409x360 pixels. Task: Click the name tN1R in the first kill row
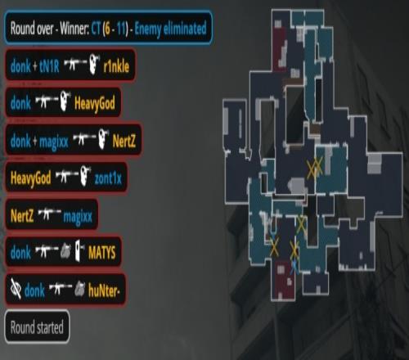(49, 66)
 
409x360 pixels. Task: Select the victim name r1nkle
(116, 66)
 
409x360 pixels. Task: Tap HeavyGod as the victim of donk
(95, 104)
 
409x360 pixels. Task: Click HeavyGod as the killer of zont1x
(30, 178)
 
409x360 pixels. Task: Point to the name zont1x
(108, 178)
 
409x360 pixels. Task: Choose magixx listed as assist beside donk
(54, 142)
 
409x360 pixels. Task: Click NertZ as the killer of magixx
(22, 215)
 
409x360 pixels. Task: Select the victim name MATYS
(101, 253)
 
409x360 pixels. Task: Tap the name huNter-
(104, 290)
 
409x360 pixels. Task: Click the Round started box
(37, 326)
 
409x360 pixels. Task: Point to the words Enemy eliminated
(170, 29)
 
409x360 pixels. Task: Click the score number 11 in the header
(122, 29)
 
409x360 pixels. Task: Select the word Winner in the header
(74, 29)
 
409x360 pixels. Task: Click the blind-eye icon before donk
(16, 289)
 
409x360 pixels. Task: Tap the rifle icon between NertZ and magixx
(48, 214)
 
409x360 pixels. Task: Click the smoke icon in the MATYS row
(65, 251)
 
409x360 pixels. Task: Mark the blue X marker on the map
(294, 267)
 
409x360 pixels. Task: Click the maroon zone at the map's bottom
(284, 280)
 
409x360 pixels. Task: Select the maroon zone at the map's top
(280, 50)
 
